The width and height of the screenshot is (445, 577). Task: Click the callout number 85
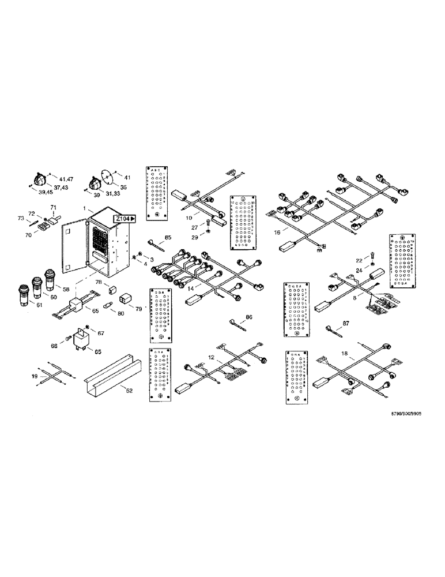point(168,238)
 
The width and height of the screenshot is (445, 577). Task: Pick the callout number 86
point(248,317)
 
